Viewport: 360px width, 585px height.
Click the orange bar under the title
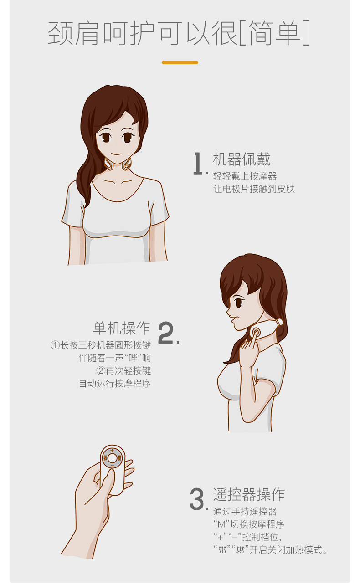(180, 62)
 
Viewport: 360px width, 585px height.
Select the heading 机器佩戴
(242, 159)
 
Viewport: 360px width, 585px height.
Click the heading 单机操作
(122, 328)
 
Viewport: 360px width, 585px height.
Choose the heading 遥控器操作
(249, 494)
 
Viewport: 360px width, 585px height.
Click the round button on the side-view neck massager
(256, 333)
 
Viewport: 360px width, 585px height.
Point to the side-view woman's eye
(238, 303)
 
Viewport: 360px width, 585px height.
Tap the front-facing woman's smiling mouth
(117, 154)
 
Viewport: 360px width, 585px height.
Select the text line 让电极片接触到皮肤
(254, 189)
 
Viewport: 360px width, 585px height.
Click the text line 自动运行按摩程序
(115, 383)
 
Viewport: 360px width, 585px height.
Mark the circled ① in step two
(55, 345)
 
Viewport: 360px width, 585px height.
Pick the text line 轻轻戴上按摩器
(245, 176)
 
